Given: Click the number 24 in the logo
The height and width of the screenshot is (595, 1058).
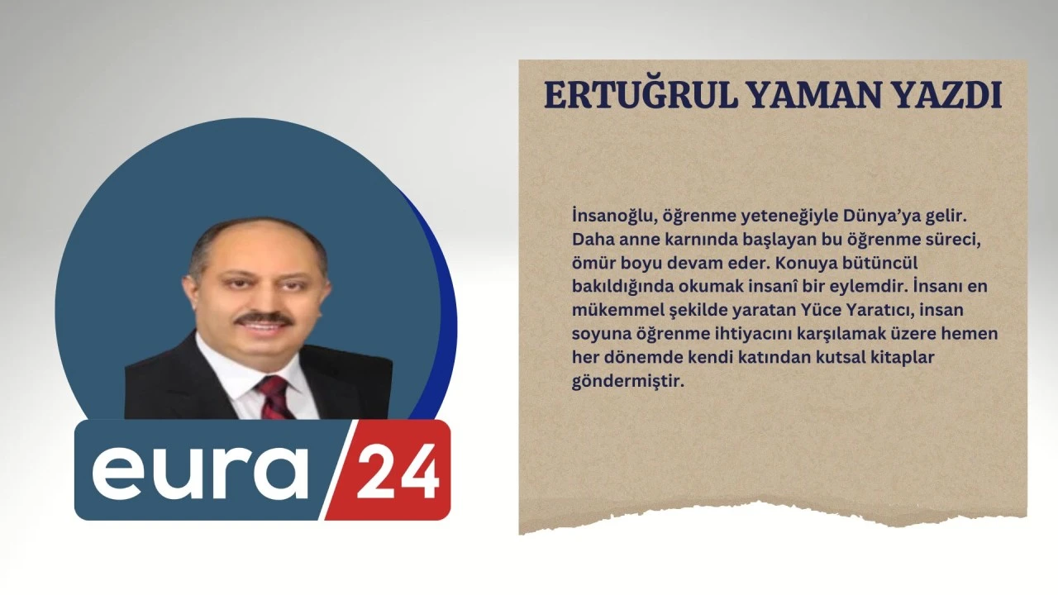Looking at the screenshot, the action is [x=398, y=472].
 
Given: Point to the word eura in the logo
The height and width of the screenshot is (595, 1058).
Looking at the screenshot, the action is [x=200, y=472].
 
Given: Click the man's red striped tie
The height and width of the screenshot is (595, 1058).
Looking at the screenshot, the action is [x=275, y=397].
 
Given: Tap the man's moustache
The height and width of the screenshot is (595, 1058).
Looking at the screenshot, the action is [x=264, y=319].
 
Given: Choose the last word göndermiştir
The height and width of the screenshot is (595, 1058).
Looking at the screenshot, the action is [x=628, y=382].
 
